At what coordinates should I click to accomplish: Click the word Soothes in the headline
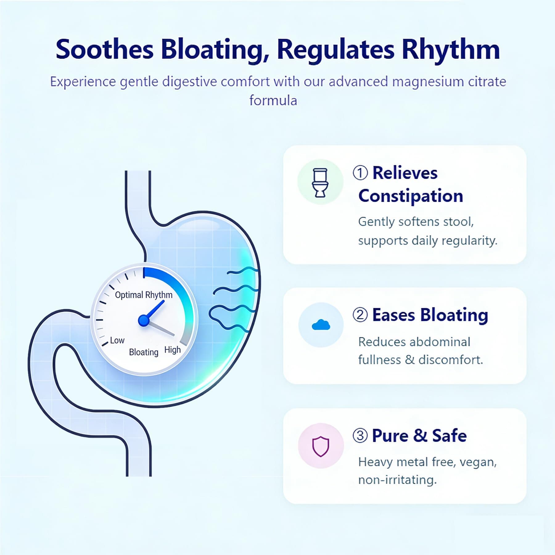click(105, 50)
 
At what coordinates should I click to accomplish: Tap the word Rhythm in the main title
click(450, 50)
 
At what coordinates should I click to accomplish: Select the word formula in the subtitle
click(273, 101)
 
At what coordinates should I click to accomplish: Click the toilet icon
click(320, 183)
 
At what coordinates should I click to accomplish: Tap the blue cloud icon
click(321, 325)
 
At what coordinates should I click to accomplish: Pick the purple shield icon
click(321, 446)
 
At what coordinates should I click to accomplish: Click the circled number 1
click(360, 173)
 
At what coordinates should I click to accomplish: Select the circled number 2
click(360, 315)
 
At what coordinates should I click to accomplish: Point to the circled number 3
click(360, 436)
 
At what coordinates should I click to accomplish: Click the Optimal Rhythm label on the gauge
click(144, 295)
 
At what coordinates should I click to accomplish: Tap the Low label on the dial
click(117, 340)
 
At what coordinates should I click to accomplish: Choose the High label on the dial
click(172, 350)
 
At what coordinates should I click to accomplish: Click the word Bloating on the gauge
click(144, 352)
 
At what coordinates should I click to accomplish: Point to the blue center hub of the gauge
click(144, 320)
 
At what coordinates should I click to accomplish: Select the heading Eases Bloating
click(430, 315)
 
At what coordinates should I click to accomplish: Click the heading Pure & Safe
click(419, 436)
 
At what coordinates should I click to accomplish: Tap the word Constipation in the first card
click(411, 196)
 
